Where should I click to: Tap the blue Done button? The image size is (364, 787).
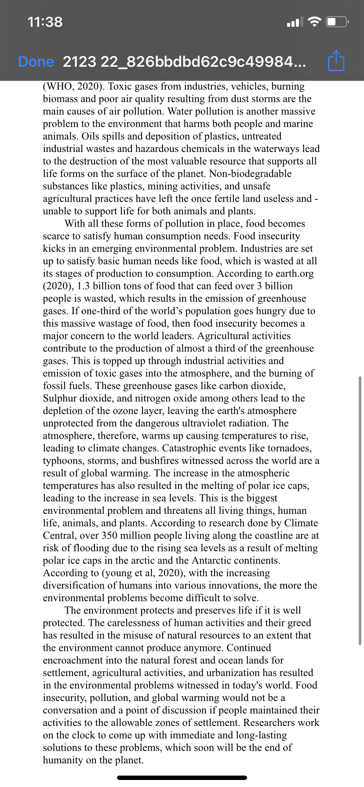coord(36,62)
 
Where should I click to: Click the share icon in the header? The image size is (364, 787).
coord(336,61)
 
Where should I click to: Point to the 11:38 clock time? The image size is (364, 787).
coord(45,22)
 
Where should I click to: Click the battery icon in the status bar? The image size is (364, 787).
coord(337,22)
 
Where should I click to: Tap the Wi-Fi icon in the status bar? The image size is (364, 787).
coord(314,22)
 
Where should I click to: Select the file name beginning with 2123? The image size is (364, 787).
coord(184,62)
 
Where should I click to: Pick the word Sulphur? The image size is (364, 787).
coord(61,398)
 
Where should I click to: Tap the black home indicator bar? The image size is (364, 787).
coord(182,777)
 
